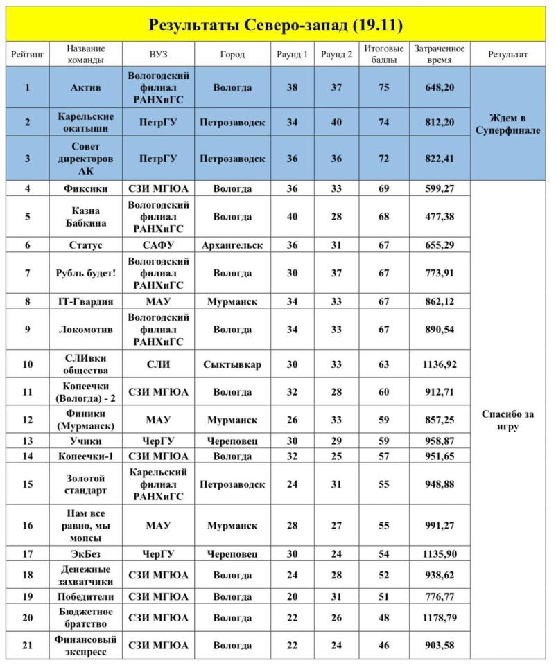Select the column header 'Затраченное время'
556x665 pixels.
pyautogui.click(x=439, y=54)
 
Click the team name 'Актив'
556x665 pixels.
pyautogui.click(x=86, y=88)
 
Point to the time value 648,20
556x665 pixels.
pyautogui.click(x=439, y=88)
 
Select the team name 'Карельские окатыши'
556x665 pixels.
pyautogui.click(x=86, y=122)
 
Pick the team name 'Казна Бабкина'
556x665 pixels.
pyautogui.click(x=86, y=216)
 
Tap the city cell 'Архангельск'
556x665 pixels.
pyautogui.click(x=232, y=245)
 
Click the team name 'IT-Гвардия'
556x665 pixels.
pyautogui.click(x=86, y=301)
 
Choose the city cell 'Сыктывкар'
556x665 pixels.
pyautogui.click(x=232, y=364)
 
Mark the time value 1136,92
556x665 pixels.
pyautogui.click(x=439, y=364)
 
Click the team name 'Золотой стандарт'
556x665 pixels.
pyautogui.click(x=86, y=484)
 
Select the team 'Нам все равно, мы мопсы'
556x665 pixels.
pyautogui.click(x=86, y=526)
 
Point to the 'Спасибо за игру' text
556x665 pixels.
pyautogui.click(x=512, y=420)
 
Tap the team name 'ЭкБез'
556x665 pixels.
pyautogui.click(x=86, y=554)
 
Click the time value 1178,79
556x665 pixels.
pyautogui.click(x=439, y=617)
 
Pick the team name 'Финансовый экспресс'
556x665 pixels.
pyautogui.click(x=86, y=646)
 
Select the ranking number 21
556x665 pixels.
pyautogui.click(x=28, y=646)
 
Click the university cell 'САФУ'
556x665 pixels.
pyautogui.click(x=158, y=245)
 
